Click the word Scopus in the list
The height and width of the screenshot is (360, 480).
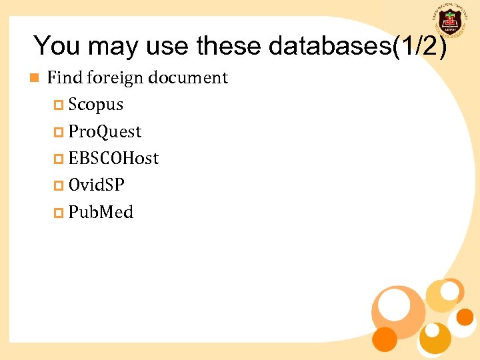tap(95, 105)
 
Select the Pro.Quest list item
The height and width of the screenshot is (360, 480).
tap(105, 132)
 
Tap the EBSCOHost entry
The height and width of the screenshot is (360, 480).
tap(113, 159)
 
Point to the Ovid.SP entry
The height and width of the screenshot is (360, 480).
tap(96, 185)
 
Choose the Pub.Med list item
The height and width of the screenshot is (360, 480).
tap(101, 213)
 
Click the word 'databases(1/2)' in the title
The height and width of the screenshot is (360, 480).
tap(357, 46)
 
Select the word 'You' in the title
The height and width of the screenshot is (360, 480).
tap(57, 46)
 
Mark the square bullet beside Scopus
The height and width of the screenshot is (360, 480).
tap(58, 105)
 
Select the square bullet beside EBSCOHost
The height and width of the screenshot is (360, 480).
tap(58, 159)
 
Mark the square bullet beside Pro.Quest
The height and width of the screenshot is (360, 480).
tap(58, 133)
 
